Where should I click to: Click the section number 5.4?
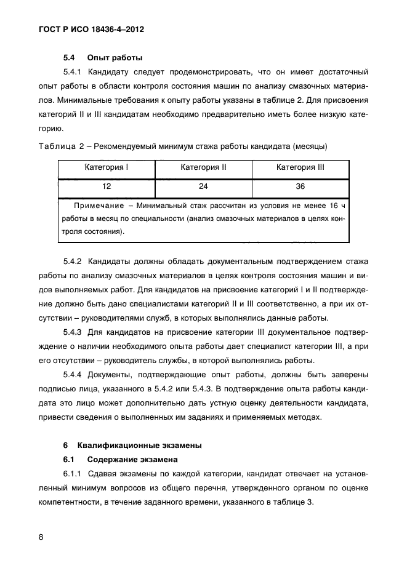pos(70,58)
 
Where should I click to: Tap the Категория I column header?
pos(106,167)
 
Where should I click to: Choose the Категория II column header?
pos(203,167)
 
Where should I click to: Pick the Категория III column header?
pos(300,167)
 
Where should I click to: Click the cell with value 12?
pos(106,186)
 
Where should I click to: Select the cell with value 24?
pos(203,186)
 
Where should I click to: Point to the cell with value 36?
pos(300,186)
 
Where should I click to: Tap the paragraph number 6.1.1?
pos(74,474)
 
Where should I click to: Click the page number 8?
pos(41,537)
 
